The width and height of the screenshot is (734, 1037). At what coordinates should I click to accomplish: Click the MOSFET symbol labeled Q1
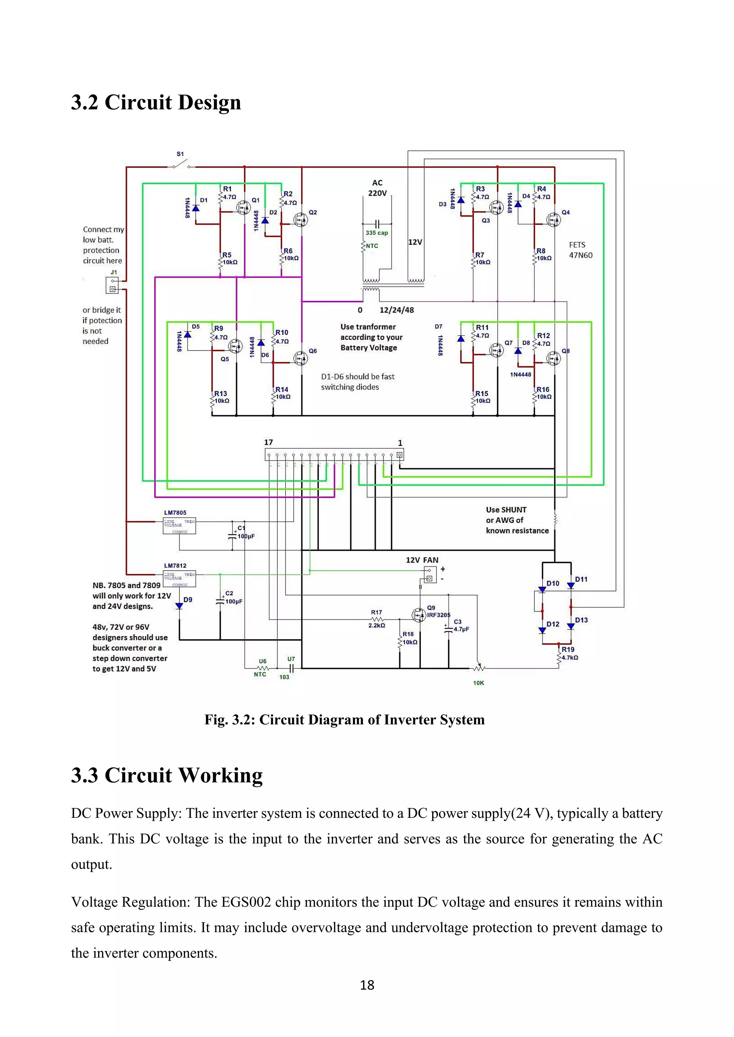(244, 207)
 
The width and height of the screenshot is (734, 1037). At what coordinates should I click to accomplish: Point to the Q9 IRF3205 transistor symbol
(419, 615)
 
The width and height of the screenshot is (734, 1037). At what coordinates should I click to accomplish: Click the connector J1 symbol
(113, 285)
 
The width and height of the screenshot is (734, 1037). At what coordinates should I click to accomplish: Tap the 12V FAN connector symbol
(430, 574)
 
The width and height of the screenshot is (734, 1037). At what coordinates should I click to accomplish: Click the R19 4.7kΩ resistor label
(569, 653)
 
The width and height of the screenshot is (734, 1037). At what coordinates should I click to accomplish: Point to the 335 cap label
(376, 233)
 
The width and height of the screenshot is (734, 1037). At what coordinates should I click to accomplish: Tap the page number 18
(367, 985)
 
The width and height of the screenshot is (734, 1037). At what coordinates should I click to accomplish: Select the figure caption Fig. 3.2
(344, 719)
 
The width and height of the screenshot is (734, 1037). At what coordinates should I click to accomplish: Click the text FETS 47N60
(580, 250)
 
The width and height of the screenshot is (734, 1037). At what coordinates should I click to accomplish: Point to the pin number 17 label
(268, 442)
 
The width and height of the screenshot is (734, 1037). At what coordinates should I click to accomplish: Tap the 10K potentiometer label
(478, 683)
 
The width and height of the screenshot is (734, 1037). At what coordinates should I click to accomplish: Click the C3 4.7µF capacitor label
(461, 626)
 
